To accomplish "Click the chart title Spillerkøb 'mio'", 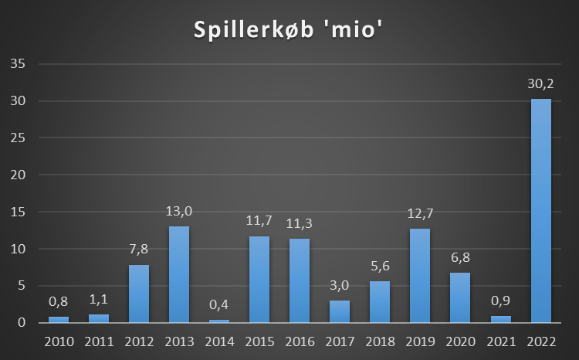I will [x=289, y=31].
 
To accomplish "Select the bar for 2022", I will [x=540, y=210].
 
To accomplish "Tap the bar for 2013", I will [x=179, y=274].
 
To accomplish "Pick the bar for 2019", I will [x=420, y=275].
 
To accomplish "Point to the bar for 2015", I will [x=259, y=279].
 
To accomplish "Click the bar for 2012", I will [x=139, y=294].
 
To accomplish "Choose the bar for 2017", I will [x=340, y=311].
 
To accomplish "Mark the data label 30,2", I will [x=540, y=83].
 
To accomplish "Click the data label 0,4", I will [x=219, y=305].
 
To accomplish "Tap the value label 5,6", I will [x=380, y=266].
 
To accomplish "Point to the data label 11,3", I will [x=300, y=223].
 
